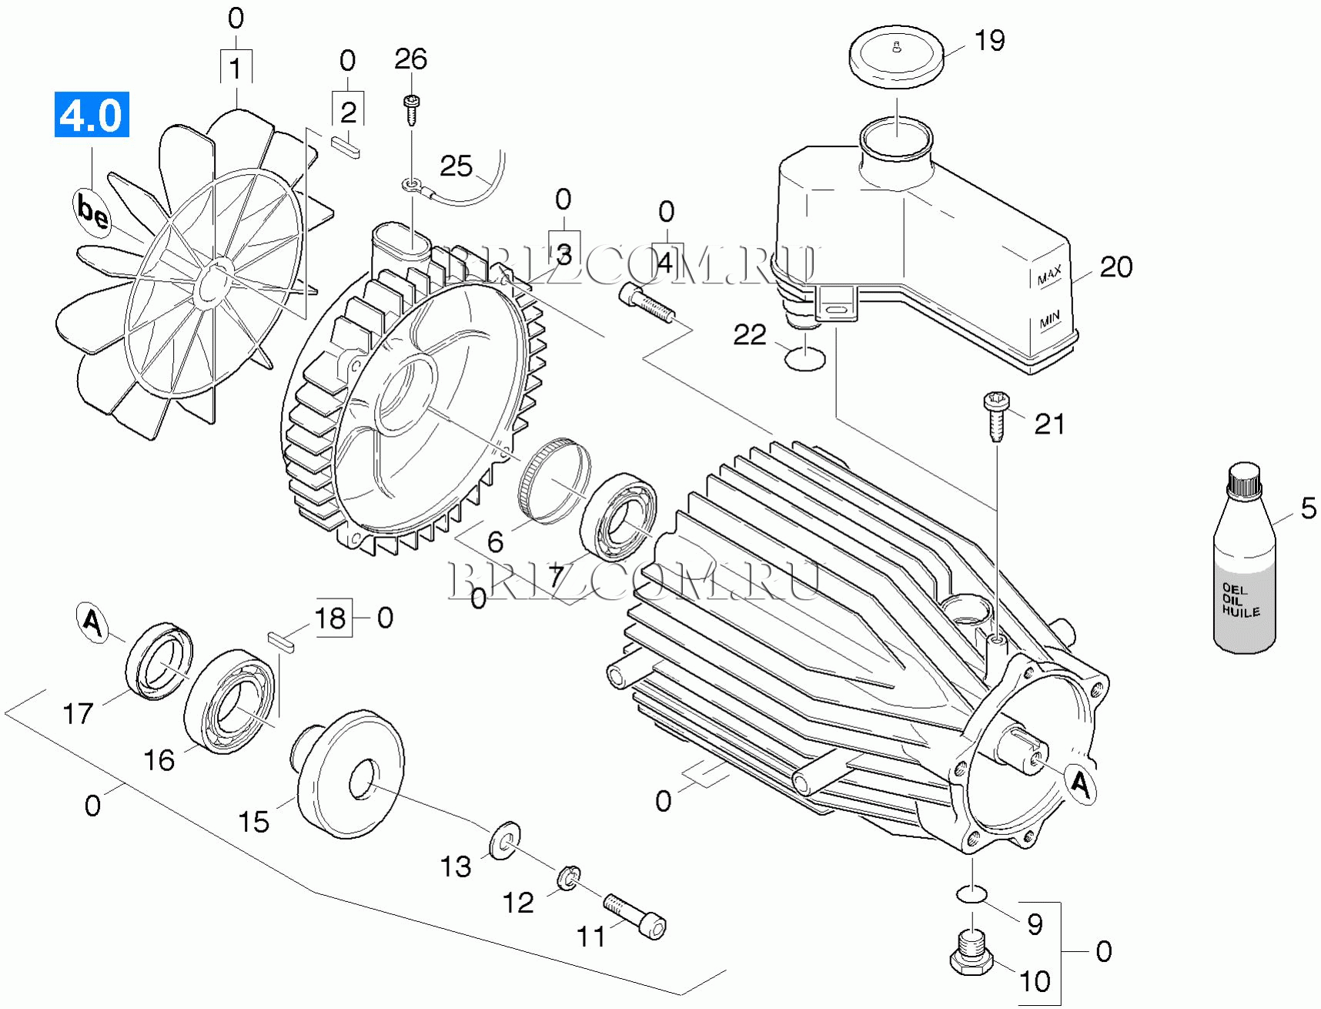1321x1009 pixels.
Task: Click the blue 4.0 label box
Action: click(x=92, y=115)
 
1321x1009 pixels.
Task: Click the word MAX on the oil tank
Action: click(x=1048, y=274)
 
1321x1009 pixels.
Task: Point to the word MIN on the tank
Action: click(x=1049, y=320)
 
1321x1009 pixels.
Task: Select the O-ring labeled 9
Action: click(x=972, y=894)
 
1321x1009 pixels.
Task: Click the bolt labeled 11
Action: click(x=635, y=915)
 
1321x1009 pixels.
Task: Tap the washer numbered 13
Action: click(x=504, y=840)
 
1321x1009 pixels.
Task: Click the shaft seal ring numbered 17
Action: click(x=159, y=661)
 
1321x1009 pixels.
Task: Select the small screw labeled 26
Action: click(x=412, y=109)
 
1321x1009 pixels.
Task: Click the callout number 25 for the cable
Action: click(x=456, y=166)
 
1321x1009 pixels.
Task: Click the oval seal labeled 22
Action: click(x=804, y=358)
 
